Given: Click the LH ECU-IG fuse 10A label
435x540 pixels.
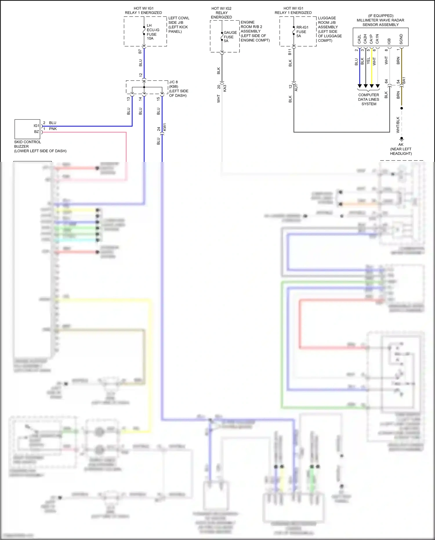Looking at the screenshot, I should (x=153, y=32).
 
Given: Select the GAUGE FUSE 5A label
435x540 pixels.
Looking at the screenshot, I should (x=230, y=37).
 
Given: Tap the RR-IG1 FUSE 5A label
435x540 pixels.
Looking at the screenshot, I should (x=302, y=32).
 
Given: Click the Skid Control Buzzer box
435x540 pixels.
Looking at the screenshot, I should (x=27, y=129).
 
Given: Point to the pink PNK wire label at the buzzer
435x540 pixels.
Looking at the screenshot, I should (x=53, y=129).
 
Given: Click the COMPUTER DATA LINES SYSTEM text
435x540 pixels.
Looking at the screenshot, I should (x=369, y=99).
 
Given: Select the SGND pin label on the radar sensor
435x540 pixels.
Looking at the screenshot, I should (x=401, y=39).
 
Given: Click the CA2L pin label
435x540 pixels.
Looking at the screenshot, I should (x=359, y=39).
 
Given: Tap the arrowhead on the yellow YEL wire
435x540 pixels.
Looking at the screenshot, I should (x=371, y=86).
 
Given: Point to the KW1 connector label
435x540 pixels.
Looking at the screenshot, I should (x=164, y=127).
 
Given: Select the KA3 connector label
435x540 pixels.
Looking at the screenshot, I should (x=225, y=88).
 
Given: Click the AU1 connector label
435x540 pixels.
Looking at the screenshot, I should (x=296, y=88).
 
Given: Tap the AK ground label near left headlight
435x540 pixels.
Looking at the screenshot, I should (x=401, y=145).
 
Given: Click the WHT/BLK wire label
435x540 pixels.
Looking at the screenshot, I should (x=398, y=125).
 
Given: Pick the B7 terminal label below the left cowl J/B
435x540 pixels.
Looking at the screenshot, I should (x=140, y=51).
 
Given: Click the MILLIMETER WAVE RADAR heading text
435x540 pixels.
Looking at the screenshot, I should (x=380, y=20).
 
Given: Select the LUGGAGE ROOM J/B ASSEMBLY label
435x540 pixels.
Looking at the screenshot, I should (x=329, y=29).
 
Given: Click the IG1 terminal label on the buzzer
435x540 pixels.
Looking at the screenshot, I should (x=36, y=126).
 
